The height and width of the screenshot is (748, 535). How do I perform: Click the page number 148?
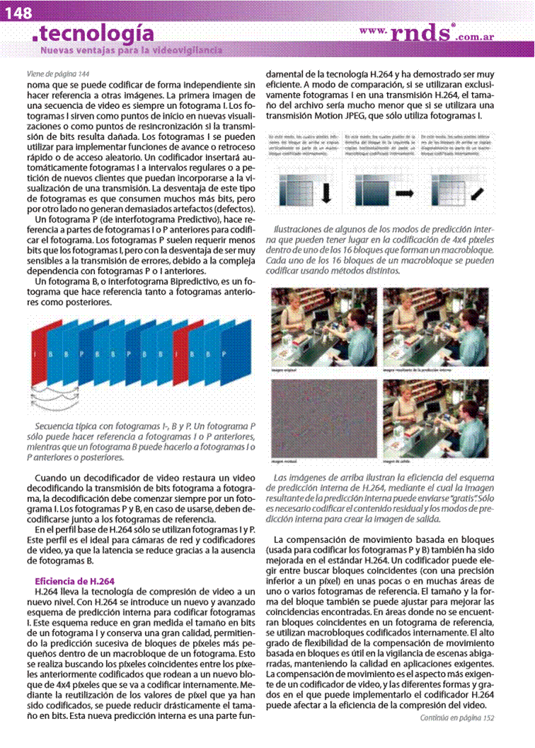tap(18, 12)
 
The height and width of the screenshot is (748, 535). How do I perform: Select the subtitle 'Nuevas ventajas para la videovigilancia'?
tap(132, 50)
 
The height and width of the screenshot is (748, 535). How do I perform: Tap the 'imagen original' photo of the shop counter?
tap(323, 327)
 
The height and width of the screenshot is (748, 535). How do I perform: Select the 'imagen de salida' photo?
tap(435, 419)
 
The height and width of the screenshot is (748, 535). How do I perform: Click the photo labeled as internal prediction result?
tap(435, 327)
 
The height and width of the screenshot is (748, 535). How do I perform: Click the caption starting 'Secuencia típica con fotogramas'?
tap(145, 442)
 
